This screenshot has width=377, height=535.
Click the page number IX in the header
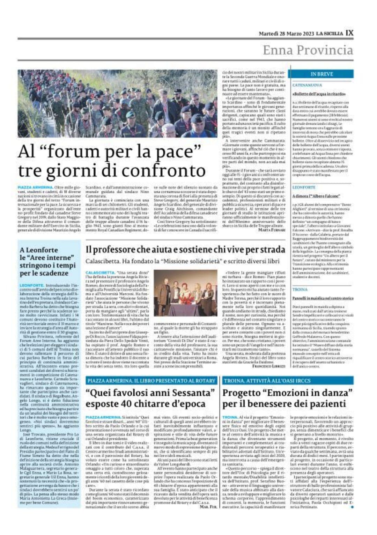(x=349, y=33)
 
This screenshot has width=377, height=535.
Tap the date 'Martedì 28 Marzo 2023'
(x=286, y=34)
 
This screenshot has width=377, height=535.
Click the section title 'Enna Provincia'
(x=308, y=50)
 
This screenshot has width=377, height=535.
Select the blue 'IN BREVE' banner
(x=321, y=74)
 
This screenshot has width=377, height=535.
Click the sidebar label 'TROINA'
(x=300, y=290)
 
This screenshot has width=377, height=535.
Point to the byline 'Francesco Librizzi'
(x=268, y=366)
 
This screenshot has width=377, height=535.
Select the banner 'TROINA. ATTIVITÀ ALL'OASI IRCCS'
(x=267, y=380)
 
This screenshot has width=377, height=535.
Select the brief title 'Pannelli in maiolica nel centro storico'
(x=323, y=298)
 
